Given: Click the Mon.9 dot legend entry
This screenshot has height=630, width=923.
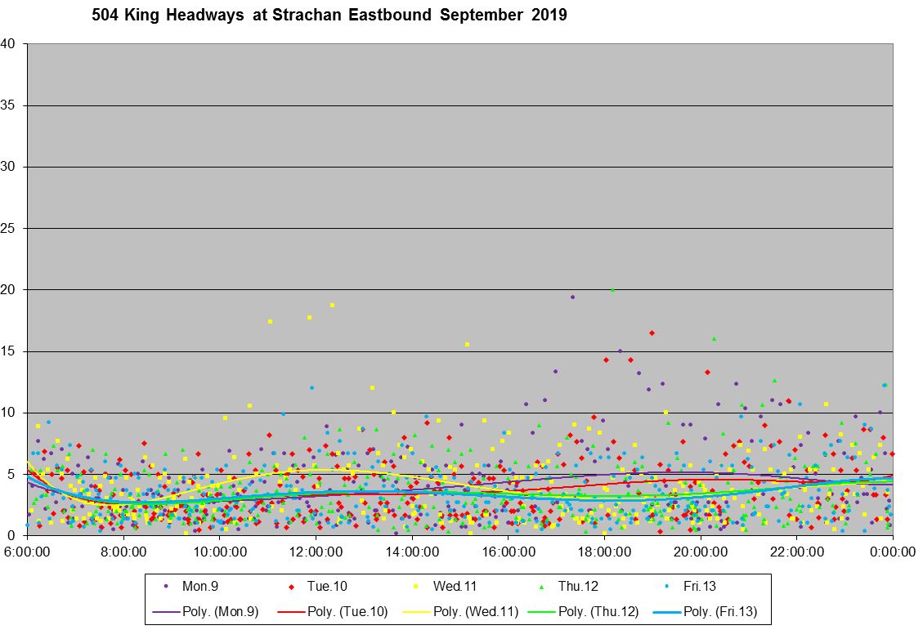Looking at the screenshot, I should coord(193,586).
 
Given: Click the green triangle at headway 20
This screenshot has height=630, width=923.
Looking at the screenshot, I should coord(612,290).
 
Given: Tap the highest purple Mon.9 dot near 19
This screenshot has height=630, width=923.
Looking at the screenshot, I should coord(572,297).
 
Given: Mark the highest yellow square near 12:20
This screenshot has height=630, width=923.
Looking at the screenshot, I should coord(332,306).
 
